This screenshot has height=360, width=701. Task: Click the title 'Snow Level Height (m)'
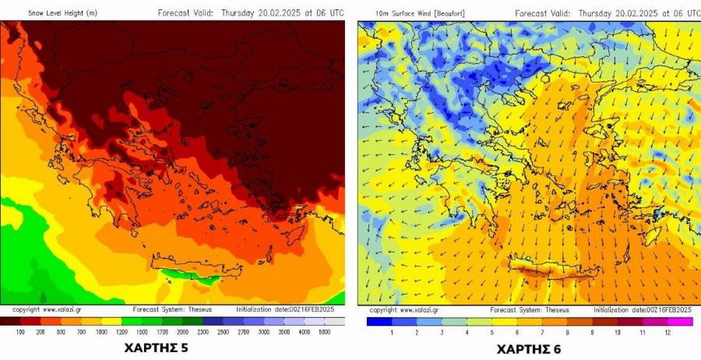[x=63, y=13]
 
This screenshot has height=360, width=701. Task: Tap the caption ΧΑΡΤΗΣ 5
[x=156, y=348]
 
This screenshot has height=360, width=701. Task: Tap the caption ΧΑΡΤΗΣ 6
[x=529, y=348]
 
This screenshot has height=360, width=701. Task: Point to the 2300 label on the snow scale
[x=203, y=332]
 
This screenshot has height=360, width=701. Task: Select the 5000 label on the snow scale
[x=324, y=332]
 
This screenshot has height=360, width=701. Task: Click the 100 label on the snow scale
[x=20, y=332]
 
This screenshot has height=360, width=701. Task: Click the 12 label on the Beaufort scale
[x=667, y=332]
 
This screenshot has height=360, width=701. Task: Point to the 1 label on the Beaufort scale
[x=392, y=332]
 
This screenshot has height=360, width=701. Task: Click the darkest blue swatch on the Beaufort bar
[x=379, y=321]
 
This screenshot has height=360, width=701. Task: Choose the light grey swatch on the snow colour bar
[x=334, y=321]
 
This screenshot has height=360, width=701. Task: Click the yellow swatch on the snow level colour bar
[x=111, y=321]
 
